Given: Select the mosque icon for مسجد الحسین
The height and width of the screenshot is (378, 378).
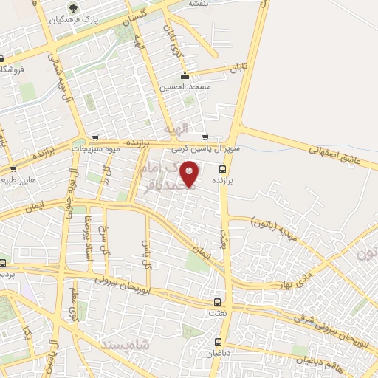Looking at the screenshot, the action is [x=185, y=75].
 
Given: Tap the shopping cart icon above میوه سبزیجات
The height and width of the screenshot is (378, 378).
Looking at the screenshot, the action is [x=95, y=137].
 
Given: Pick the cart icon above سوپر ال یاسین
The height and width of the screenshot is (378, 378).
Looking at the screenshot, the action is [x=205, y=137].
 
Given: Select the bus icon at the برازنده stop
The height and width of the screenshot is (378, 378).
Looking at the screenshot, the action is [x=223, y=168].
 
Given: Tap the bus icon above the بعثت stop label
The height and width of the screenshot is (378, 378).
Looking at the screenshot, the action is [x=217, y=302].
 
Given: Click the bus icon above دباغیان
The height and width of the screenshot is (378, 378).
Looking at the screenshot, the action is [x=218, y=342].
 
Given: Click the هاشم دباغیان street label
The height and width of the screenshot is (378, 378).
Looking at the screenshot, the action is [x=320, y=358].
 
